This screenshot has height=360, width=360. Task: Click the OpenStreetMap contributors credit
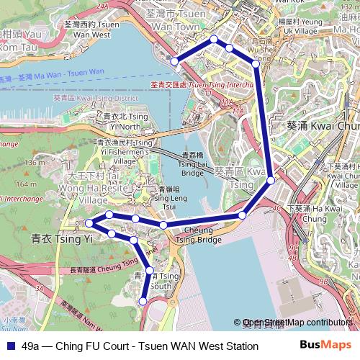297,323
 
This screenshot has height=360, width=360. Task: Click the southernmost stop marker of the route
144,301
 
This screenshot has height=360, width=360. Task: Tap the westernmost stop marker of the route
87,222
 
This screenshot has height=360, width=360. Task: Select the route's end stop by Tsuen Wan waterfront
174,61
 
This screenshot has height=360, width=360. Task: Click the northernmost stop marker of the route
213,39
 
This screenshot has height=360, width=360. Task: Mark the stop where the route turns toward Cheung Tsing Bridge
243,215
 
